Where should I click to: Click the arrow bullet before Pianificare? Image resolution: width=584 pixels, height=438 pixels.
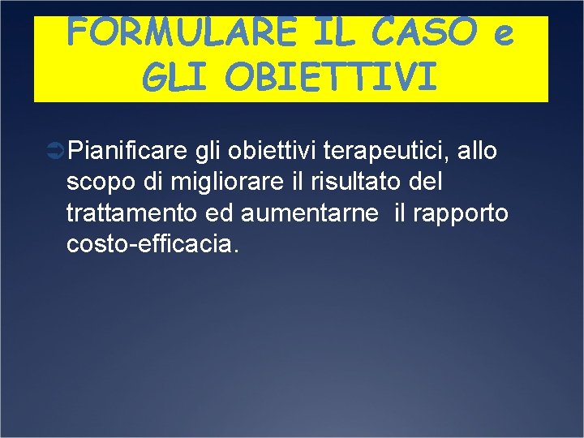coord(57,150)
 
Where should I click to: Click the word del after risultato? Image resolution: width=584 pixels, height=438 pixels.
coord(427,182)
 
